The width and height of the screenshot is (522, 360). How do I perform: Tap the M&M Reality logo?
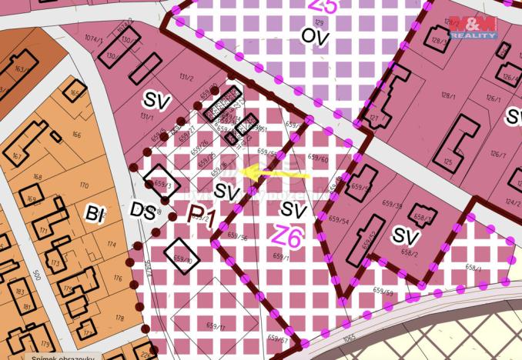point(471,28)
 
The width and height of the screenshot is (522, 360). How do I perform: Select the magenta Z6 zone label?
point(286,235)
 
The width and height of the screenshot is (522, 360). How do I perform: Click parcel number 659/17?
point(216,326)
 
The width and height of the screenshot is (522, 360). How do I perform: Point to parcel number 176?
point(117,277)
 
